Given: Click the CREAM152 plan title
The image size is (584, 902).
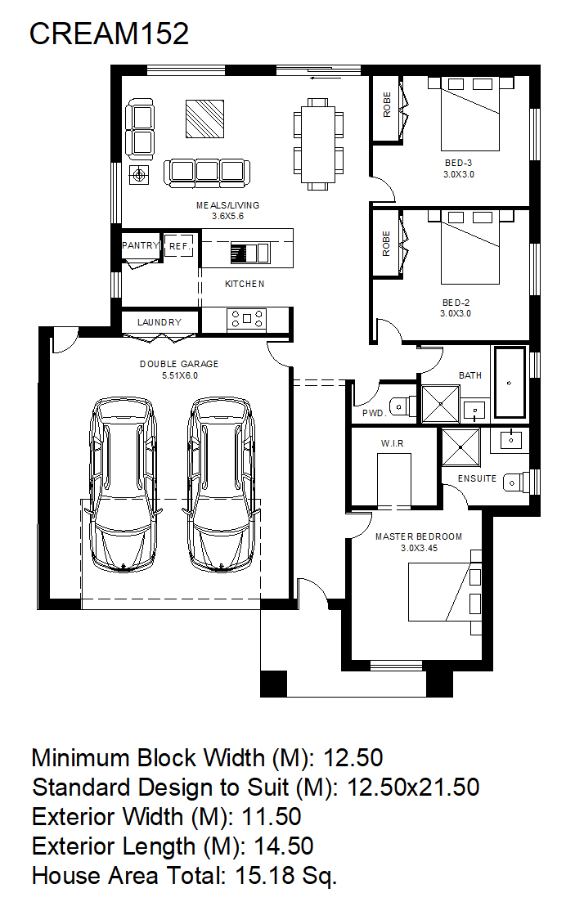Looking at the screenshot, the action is click(x=109, y=34).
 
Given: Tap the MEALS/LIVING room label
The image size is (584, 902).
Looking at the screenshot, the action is click(x=228, y=205).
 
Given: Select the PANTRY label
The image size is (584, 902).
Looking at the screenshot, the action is click(x=141, y=245).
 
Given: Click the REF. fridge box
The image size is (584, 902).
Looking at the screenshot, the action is click(x=178, y=245).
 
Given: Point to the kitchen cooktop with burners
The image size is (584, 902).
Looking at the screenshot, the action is click(x=246, y=319).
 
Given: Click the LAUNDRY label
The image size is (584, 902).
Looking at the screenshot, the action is click(x=159, y=322).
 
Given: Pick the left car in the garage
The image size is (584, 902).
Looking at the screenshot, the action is click(x=124, y=484).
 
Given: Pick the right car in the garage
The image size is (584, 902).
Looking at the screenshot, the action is click(x=222, y=484).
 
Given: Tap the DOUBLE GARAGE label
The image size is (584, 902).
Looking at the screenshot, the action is click(x=179, y=364).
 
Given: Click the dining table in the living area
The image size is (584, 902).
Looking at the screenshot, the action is click(x=318, y=145).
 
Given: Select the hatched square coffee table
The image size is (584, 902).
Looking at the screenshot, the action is click(x=204, y=119).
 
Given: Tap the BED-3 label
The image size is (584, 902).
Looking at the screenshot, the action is click(x=458, y=163).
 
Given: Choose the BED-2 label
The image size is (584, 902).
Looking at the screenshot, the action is click(x=456, y=303).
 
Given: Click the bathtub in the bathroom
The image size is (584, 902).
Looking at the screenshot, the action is click(x=510, y=383).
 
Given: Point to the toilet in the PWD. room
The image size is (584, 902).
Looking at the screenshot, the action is click(x=402, y=406).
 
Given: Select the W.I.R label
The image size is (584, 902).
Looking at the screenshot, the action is click(x=392, y=443).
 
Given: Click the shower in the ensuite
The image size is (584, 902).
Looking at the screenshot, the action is click(x=460, y=447).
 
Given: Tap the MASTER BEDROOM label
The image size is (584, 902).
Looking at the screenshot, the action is click(x=419, y=536).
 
